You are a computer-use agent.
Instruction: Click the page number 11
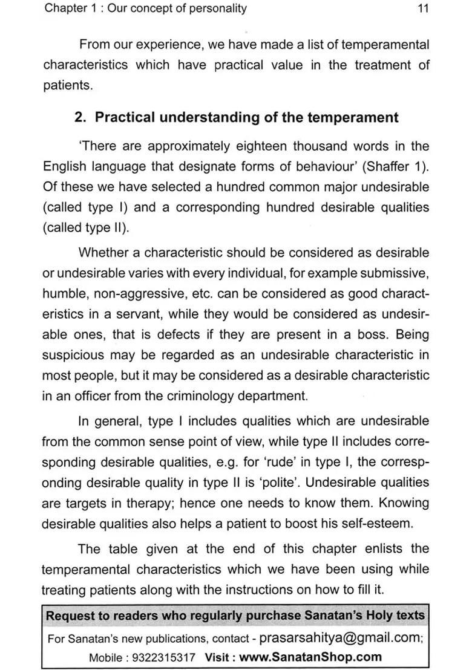tap(423, 8)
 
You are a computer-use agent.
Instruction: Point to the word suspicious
tap(73, 355)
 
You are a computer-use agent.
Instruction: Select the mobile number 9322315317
tap(163, 657)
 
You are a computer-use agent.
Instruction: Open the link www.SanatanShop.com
tap(310, 657)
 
